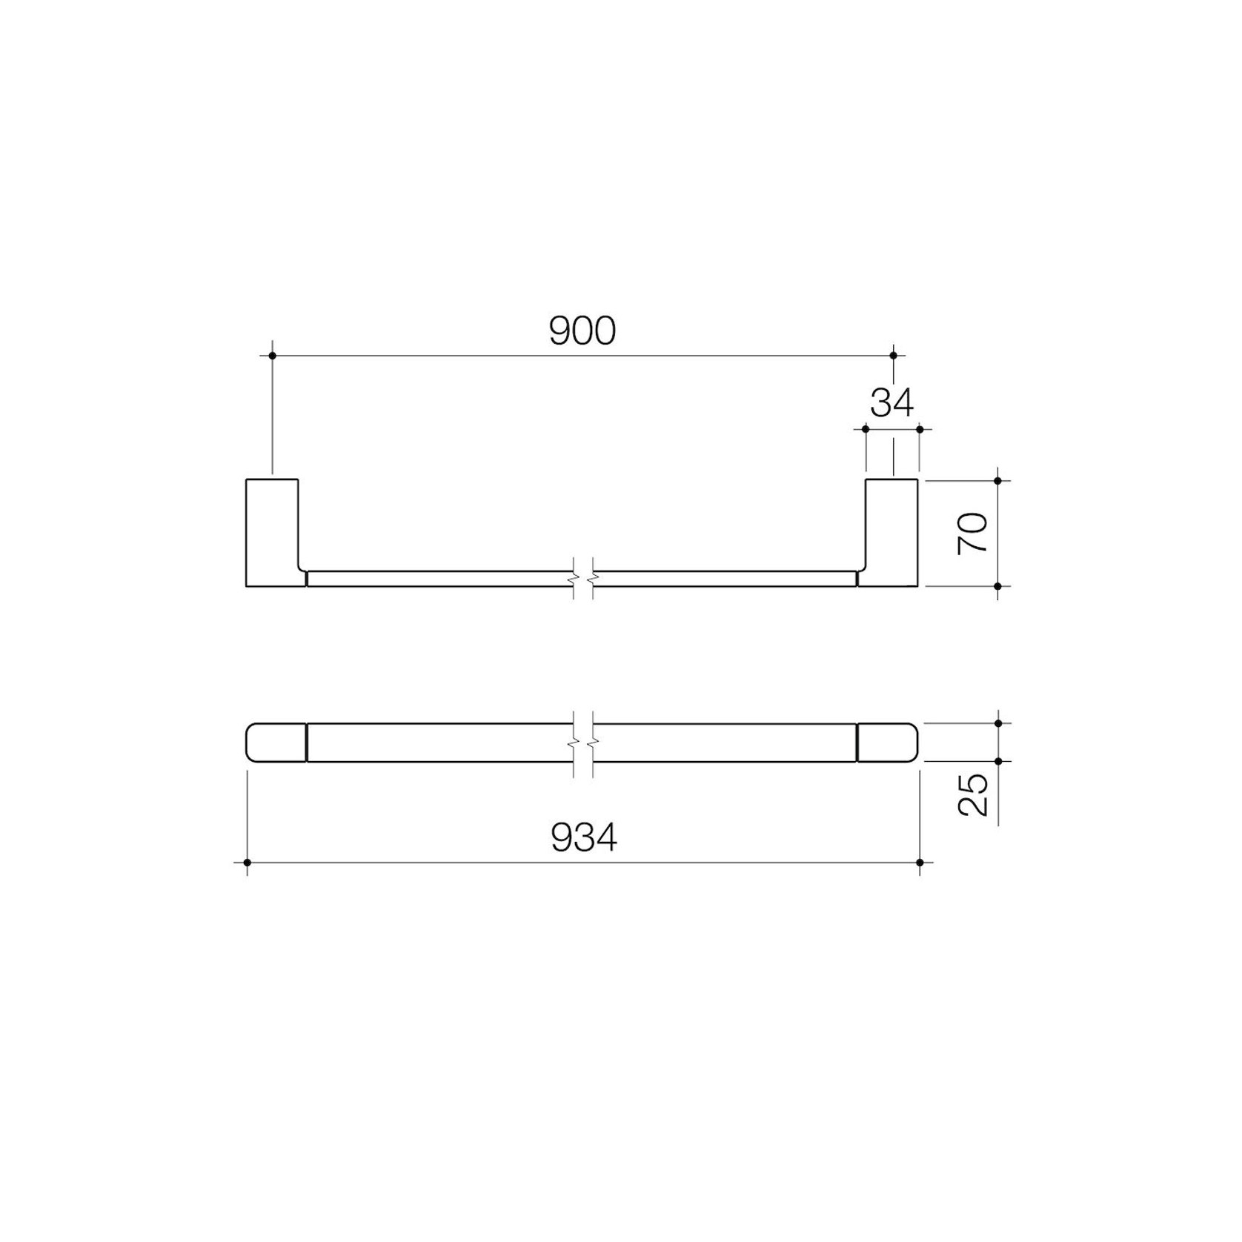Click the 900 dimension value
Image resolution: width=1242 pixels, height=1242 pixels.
582,331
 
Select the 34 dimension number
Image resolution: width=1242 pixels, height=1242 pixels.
892,403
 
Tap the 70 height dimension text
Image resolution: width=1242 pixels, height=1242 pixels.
973,533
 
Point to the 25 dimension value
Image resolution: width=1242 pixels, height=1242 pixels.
973,794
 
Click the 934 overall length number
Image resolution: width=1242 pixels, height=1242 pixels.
584,839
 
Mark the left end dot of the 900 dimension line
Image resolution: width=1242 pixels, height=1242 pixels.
273,356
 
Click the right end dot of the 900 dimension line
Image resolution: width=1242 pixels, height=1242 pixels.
893,356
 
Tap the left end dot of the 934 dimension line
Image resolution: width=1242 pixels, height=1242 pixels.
247,863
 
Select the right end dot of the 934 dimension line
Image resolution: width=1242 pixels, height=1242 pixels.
920,863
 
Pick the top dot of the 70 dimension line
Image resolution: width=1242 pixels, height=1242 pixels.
998,481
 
